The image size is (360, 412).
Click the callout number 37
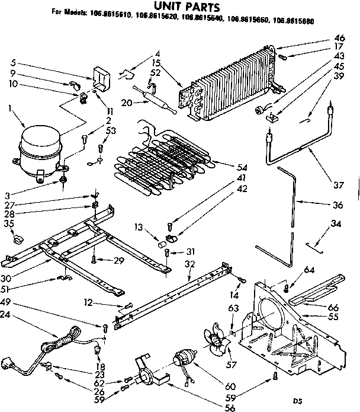[x=338, y=185]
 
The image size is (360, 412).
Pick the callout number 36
[x=338, y=206]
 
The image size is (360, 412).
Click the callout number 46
[x=339, y=38]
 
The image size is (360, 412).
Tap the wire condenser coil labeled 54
[x=160, y=160]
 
